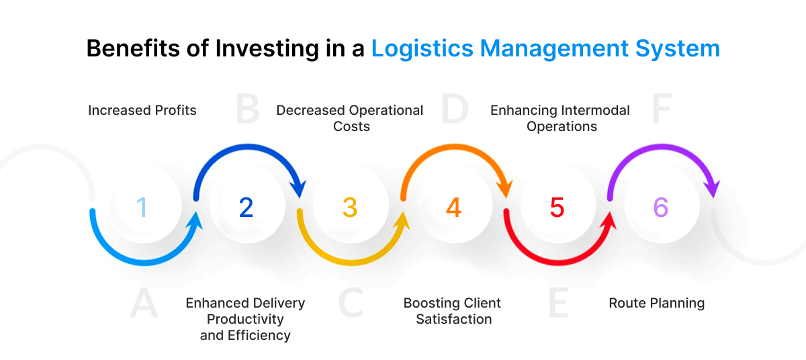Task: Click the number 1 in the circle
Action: tap(142, 208)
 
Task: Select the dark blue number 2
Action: tap(246, 208)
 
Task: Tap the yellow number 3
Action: tap(349, 208)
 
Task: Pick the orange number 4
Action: tap(453, 208)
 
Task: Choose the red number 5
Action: tap(557, 208)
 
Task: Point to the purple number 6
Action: tap(661, 208)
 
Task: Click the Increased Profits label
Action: tap(142, 110)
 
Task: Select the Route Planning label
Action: tap(656, 303)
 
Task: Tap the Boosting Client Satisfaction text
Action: tap(453, 311)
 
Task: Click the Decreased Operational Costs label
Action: tap(350, 118)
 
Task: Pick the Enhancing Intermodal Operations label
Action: tap(560, 118)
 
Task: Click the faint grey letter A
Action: tap(144, 304)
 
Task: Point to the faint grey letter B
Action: tap(247, 110)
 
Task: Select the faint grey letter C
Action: tap(351, 304)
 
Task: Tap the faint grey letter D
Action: tap(454, 110)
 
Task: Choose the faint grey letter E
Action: tap(557, 304)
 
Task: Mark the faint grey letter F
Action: tap(662, 110)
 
